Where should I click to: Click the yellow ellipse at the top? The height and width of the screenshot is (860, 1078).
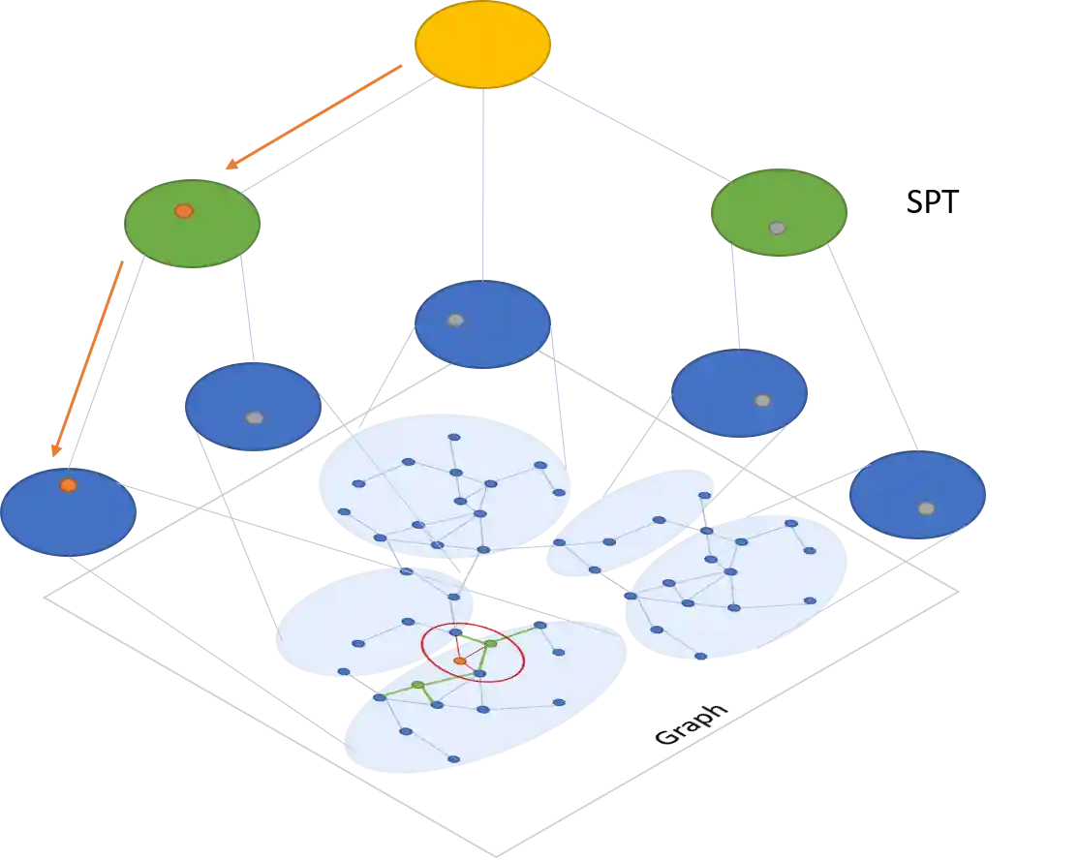[x=482, y=45]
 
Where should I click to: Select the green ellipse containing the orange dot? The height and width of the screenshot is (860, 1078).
[x=193, y=224]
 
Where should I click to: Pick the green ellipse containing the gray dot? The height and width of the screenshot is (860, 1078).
[x=780, y=213]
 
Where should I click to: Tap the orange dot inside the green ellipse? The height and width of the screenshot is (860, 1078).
[x=183, y=210]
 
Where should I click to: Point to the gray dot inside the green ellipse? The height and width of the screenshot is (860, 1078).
[x=777, y=228]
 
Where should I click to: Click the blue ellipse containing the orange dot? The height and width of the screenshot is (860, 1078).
[x=68, y=512]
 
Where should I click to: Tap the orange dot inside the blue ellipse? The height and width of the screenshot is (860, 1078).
[x=68, y=484]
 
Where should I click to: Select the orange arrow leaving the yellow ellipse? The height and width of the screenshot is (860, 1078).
[x=314, y=116]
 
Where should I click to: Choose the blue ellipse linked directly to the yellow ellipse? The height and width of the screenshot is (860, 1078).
[x=482, y=324]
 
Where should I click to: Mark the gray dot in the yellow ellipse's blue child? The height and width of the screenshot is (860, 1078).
[x=455, y=320]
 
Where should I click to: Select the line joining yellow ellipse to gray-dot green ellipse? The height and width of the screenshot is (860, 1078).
[x=639, y=132]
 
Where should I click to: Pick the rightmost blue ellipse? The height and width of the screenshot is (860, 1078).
[x=917, y=495]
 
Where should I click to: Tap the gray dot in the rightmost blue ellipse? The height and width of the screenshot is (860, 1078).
[x=926, y=507]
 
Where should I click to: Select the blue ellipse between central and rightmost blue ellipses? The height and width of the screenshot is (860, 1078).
[x=740, y=393]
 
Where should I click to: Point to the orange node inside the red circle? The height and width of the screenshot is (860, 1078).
[x=460, y=660]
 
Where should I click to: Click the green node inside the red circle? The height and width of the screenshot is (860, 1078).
[x=490, y=643]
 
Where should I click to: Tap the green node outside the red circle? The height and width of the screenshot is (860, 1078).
[x=417, y=685]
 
